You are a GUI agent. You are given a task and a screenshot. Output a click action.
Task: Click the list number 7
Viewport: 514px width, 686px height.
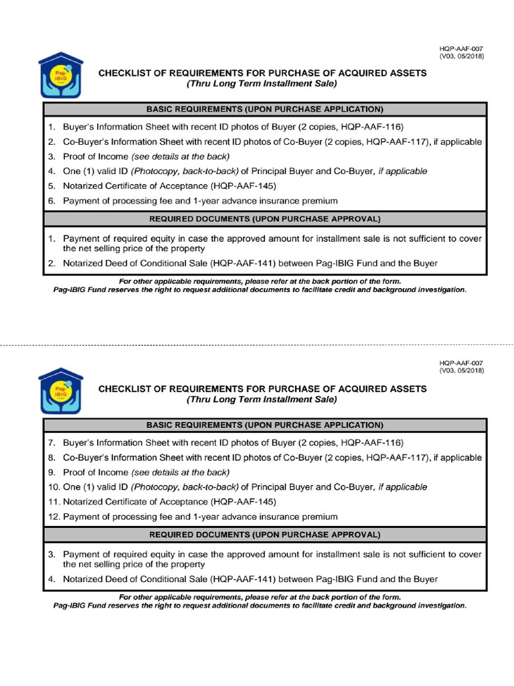(x=51, y=443)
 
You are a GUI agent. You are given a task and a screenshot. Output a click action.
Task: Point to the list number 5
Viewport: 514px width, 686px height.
(x=51, y=186)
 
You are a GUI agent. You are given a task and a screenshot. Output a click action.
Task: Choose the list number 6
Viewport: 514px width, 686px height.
(x=51, y=200)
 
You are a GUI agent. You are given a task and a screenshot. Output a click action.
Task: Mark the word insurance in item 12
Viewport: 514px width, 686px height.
(x=278, y=517)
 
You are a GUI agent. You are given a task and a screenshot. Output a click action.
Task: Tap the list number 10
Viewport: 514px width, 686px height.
(x=54, y=487)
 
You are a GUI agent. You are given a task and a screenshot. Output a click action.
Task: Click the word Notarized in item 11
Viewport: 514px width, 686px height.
(x=84, y=502)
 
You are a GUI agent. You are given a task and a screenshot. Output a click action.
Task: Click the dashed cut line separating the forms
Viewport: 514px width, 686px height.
(x=257, y=345)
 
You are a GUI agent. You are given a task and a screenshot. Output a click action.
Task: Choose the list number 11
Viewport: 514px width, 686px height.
(x=54, y=502)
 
